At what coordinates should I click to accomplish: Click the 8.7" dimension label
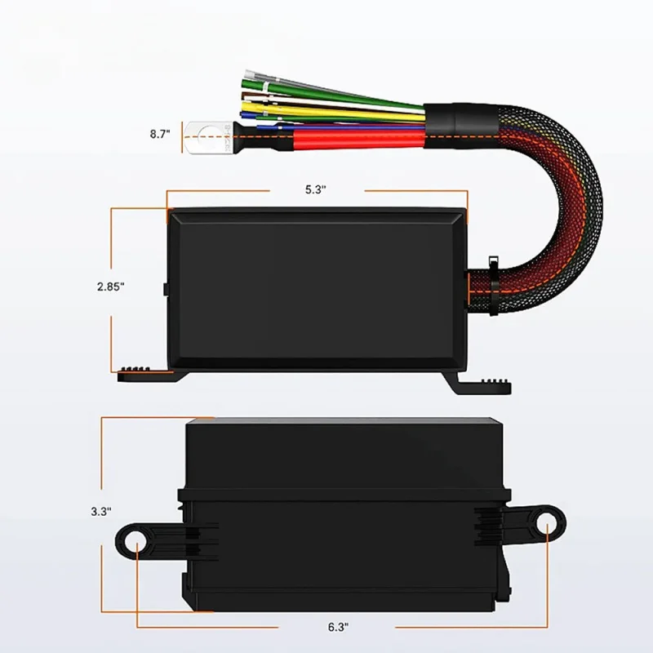coord(160,134)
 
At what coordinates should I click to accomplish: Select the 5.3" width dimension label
coord(315,190)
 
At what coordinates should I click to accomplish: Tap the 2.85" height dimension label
coord(111,287)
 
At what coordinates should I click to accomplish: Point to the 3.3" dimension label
coord(101,512)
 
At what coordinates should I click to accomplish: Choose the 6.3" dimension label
coord(338,627)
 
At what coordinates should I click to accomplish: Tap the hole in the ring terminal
coord(208,137)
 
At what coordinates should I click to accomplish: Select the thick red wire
coord(358,139)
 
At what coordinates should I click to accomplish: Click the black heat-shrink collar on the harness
coord(460,125)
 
